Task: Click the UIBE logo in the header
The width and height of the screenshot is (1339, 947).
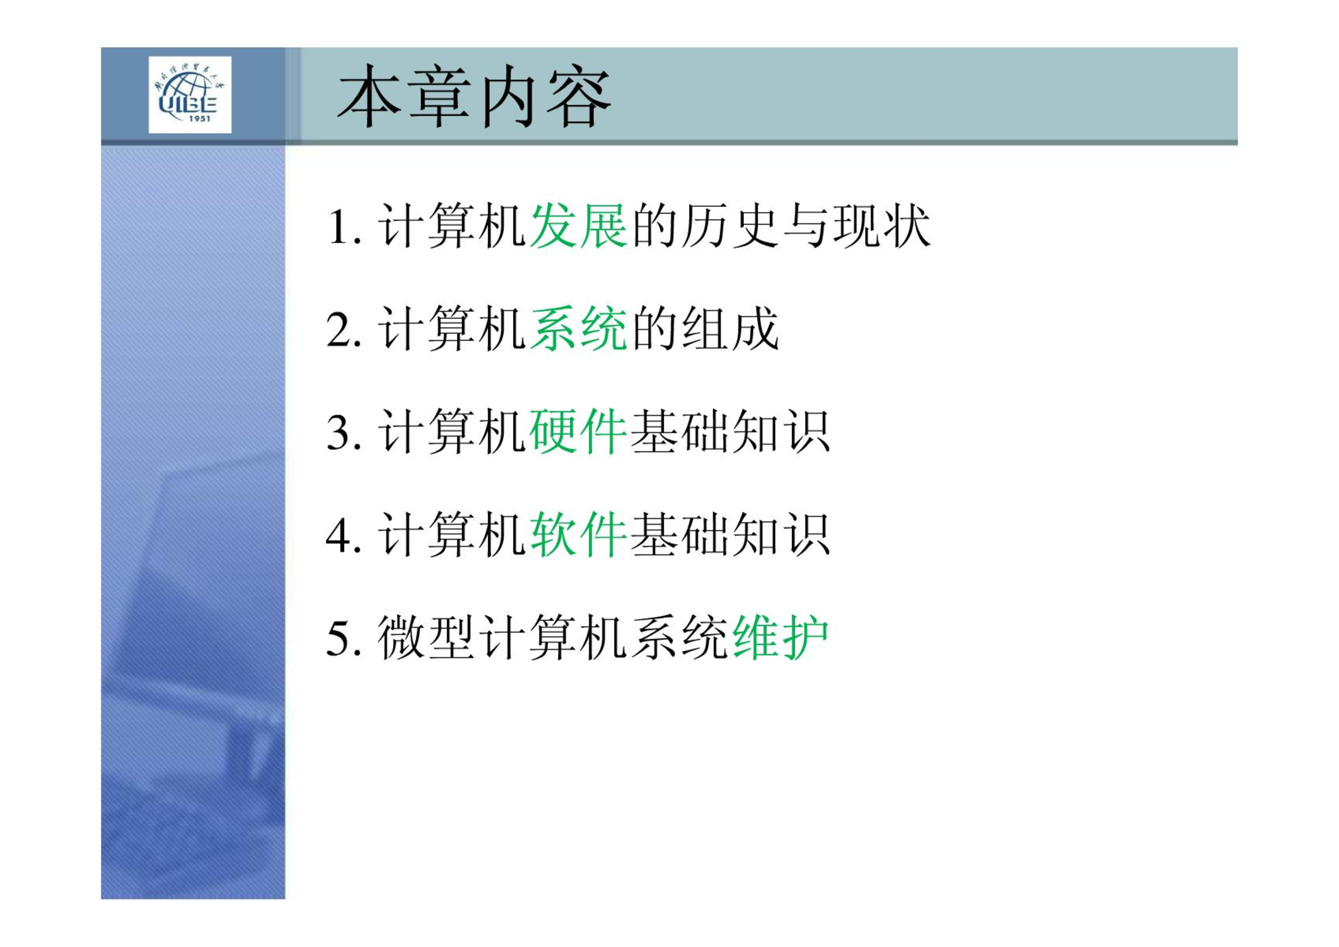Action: click(190, 95)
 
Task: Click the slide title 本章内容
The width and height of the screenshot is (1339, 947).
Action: click(474, 96)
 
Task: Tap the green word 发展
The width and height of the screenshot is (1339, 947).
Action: click(578, 226)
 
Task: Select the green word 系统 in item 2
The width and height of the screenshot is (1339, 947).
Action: click(578, 329)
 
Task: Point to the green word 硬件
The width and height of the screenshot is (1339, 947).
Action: click(578, 431)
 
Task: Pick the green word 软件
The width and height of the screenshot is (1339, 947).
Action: click(578, 534)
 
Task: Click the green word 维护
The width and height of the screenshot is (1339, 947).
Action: click(781, 637)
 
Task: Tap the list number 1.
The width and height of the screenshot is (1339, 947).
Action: click(344, 227)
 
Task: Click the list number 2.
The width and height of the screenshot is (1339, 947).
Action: click(344, 330)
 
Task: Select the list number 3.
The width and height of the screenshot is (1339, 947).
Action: click(344, 433)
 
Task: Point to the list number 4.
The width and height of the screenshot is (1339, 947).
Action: click(344, 535)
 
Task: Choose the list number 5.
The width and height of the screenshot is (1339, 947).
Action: click(344, 639)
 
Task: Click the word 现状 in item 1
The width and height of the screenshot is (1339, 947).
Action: click(881, 226)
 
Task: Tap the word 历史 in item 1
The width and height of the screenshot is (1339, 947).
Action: click(730, 226)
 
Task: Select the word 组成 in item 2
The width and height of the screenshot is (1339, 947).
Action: click(730, 329)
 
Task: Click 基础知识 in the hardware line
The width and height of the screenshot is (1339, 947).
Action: click(730, 431)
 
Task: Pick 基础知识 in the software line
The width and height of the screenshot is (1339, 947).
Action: click(730, 534)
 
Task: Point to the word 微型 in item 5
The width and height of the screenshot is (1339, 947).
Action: click(426, 637)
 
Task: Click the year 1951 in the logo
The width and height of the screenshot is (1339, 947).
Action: click(199, 119)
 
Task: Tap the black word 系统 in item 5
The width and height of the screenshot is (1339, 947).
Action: click(679, 637)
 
